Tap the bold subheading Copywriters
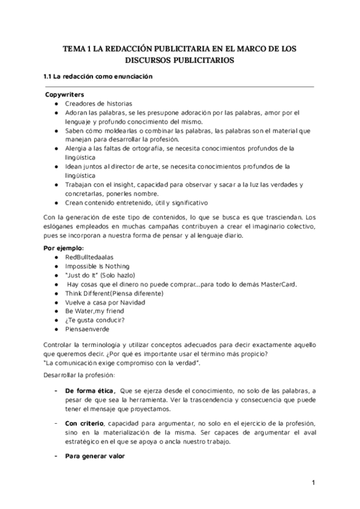[65, 95]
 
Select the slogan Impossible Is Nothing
[97, 266]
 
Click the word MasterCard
[277, 284]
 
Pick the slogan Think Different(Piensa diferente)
[114, 293]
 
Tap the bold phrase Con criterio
[82, 424]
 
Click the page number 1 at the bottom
[313, 483]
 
